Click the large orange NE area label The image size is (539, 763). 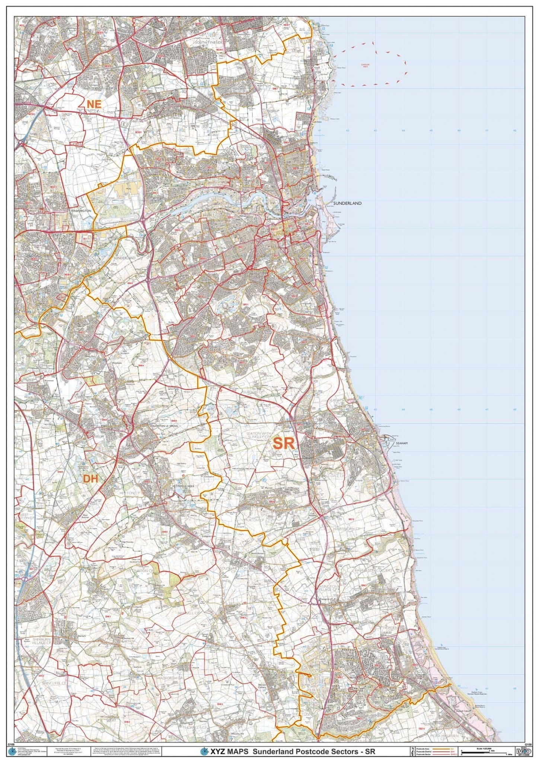pyautogui.click(x=94, y=104)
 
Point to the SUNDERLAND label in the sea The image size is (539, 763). pyautogui.click(x=347, y=203)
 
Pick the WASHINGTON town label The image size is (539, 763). pyautogui.click(x=80, y=211)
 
